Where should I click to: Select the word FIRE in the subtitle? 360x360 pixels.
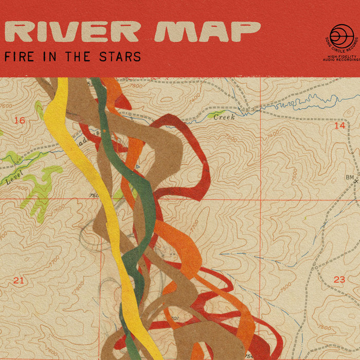pos(20,57)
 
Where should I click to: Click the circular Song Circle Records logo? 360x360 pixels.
pos(342,36)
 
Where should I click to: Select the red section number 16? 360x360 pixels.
pos(20,120)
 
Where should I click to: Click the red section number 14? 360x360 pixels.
pos(339,125)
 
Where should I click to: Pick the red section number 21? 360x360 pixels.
pos(19,280)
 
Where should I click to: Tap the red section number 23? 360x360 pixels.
pos(339,280)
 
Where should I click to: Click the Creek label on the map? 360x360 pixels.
pos(224,117)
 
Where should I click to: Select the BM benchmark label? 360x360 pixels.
pos(350,178)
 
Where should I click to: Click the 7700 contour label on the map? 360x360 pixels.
pos(194,225)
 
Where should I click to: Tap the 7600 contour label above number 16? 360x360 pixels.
pos(6,106)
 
